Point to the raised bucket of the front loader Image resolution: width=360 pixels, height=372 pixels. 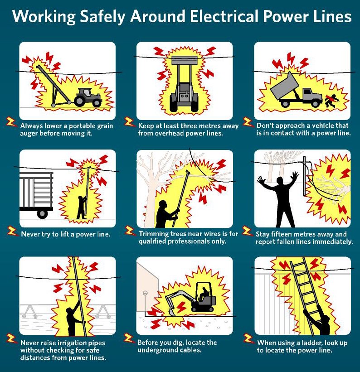pos(184,60)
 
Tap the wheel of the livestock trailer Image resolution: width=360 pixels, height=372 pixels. pos(42,213)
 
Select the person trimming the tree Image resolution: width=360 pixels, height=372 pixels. pos(164,213)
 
